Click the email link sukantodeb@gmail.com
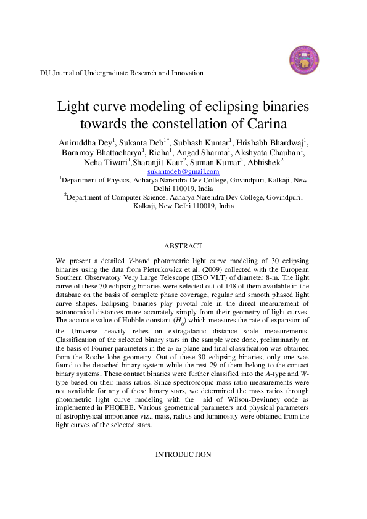coord(184,171)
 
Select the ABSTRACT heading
coord(183,246)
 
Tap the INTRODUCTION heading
coord(183,454)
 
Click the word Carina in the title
coord(266,123)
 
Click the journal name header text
coord(122,73)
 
